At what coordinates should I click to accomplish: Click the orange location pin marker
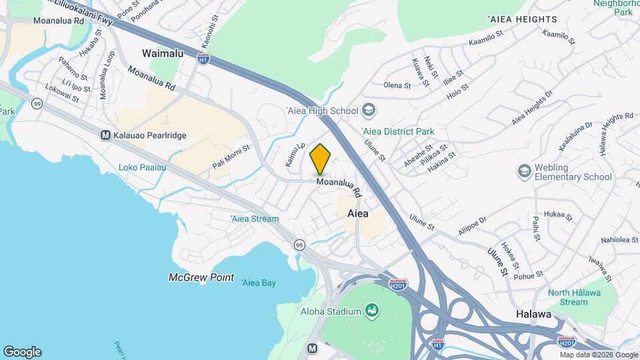321,159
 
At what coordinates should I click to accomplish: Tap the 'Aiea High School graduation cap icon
369,110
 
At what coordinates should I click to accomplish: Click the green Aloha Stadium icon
372,311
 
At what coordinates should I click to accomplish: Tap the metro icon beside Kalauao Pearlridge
105,135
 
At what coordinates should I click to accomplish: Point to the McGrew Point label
201,277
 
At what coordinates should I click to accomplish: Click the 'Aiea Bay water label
258,283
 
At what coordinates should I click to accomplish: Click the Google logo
22,352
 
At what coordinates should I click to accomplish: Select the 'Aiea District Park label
397,131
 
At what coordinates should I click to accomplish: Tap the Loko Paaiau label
142,167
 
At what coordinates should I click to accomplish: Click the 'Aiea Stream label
255,219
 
